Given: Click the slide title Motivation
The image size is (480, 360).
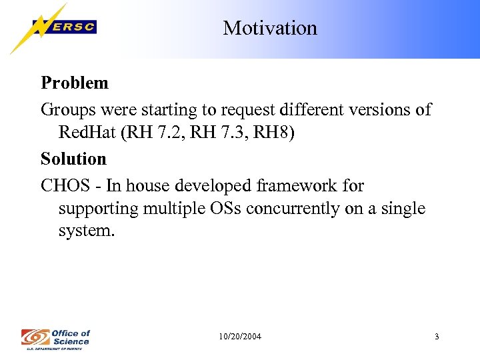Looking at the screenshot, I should (270, 28).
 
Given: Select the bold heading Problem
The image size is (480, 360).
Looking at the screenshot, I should (75, 83).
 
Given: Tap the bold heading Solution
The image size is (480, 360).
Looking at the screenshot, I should (73, 159).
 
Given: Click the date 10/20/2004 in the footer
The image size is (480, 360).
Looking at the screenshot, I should (240, 337).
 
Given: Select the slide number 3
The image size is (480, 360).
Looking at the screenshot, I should (437, 337).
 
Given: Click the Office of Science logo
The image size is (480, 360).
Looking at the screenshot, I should (56, 337).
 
